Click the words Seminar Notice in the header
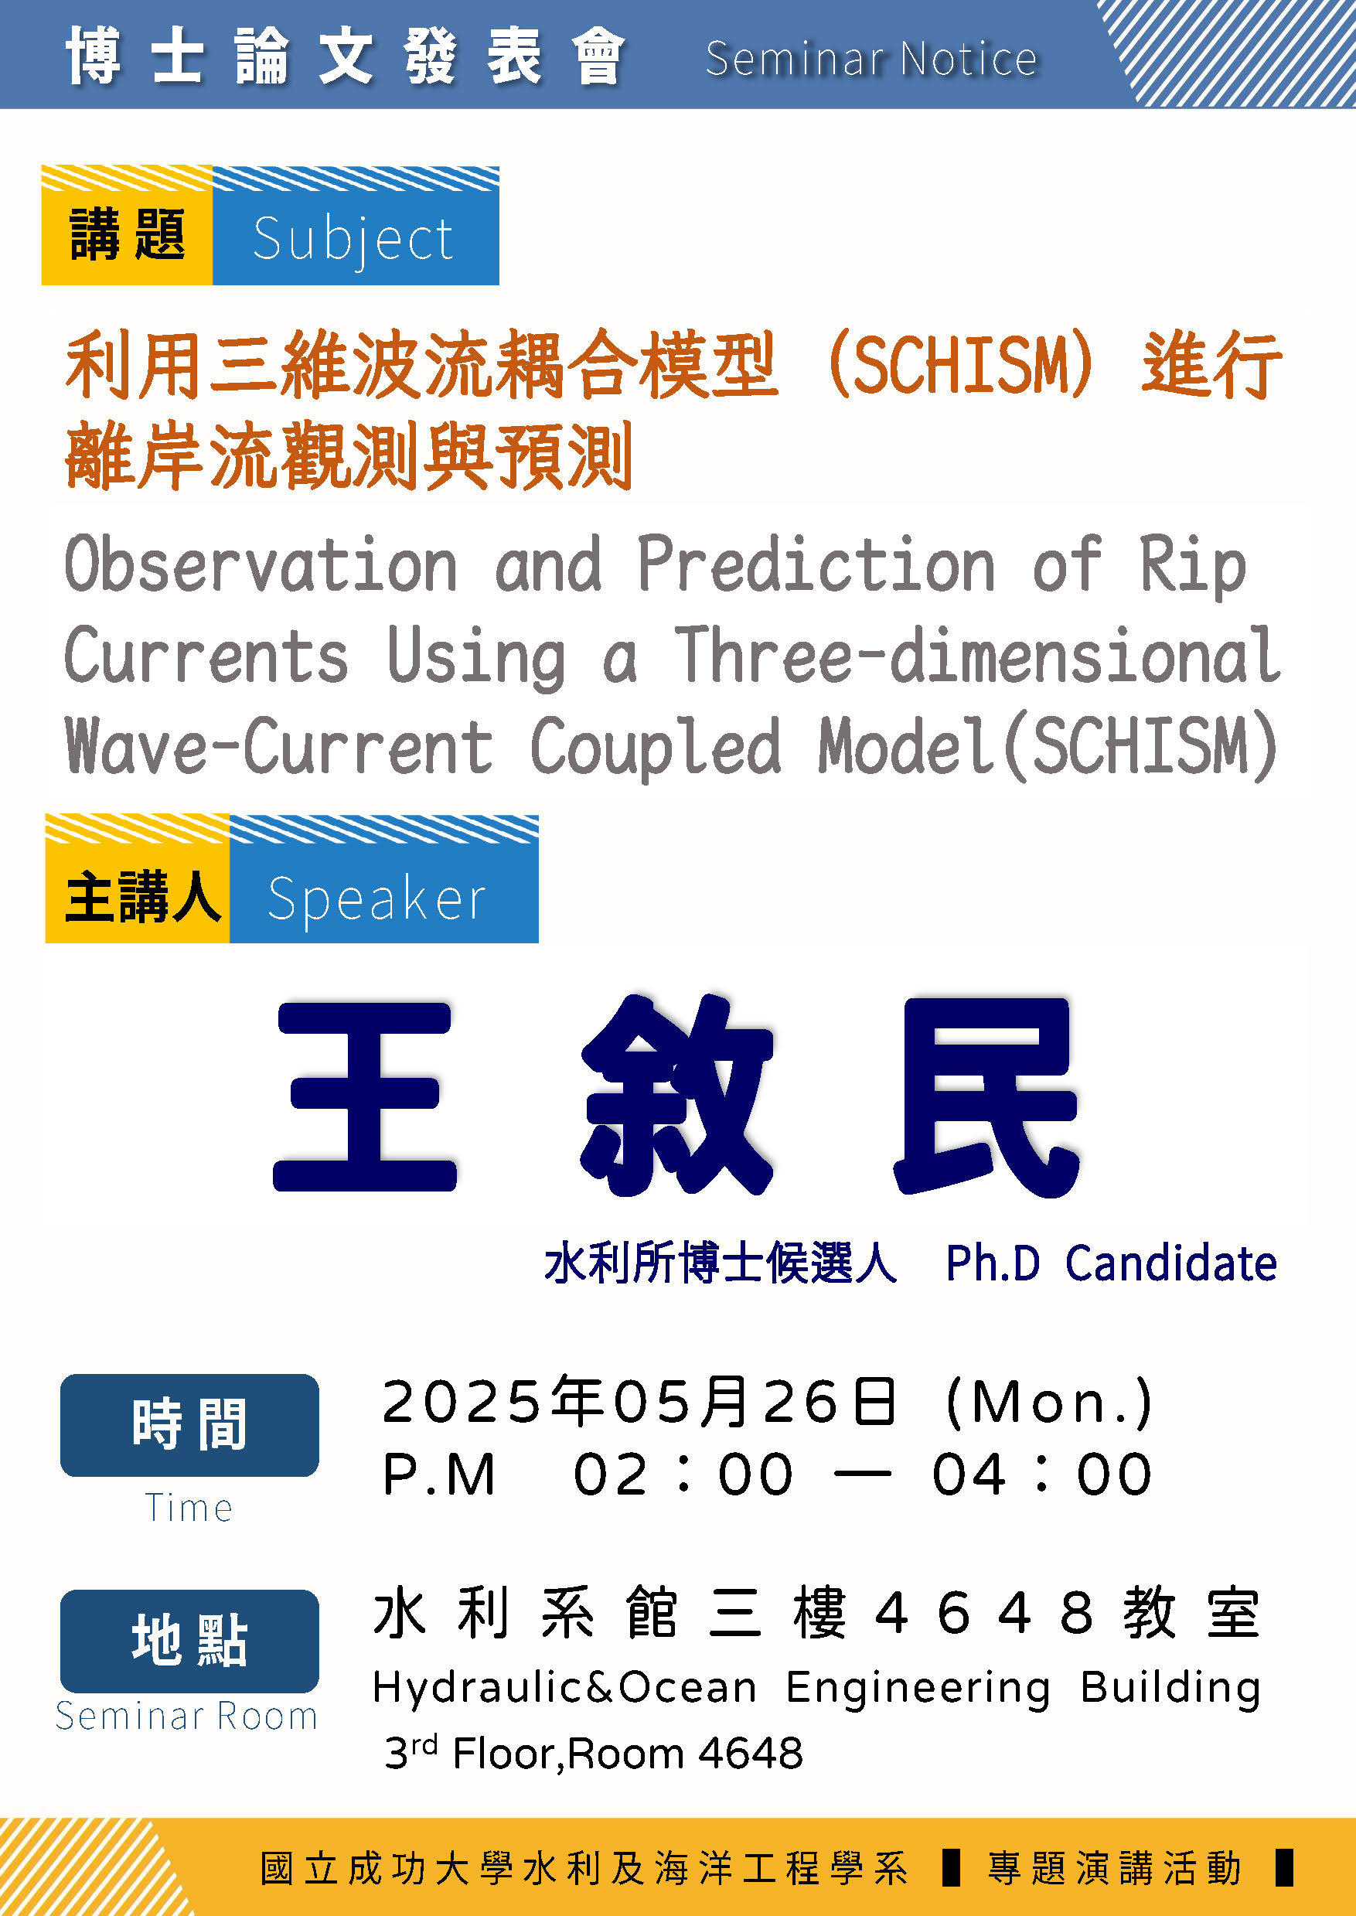[870, 59]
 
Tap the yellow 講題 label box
[127, 227]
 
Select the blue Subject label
[356, 227]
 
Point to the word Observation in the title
[261, 565]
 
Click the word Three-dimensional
[977, 656]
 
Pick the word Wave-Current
[279, 745]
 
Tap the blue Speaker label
[384, 879]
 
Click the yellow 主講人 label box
[138, 879]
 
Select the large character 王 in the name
[365, 1096]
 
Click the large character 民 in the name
[987, 1096]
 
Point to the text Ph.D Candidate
[1112, 1263]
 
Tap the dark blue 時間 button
[189, 1425]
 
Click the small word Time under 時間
[189, 1508]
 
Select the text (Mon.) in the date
[1050, 1402]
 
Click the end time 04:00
[1042, 1475]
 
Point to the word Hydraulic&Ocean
[564, 1688]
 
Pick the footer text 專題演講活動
[1114, 1867]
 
